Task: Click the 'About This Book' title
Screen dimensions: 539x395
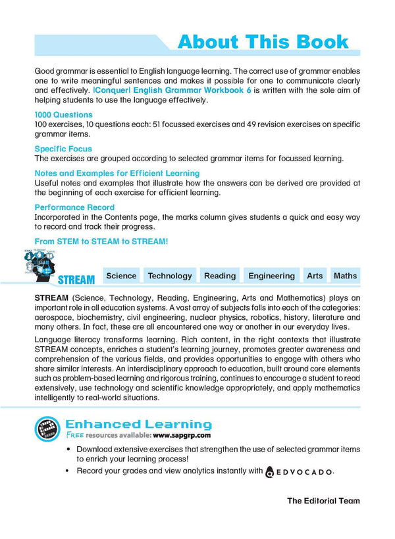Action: [x=263, y=42]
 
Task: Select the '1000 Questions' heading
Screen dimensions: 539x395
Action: [x=63, y=115]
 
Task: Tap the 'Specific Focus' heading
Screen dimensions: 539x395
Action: [x=63, y=149]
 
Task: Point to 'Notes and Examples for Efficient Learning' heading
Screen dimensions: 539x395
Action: [x=117, y=173]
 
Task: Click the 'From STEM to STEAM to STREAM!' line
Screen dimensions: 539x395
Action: [x=101, y=242]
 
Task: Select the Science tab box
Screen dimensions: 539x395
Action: [x=121, y=276]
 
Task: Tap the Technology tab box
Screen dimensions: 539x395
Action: [x=170, y=276]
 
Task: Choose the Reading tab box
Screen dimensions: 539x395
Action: [x=220, y=276]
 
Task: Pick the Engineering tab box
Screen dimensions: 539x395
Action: [x=271, y=276]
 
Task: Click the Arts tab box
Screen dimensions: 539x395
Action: [x=315, y=276]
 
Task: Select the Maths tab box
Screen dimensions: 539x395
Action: [x=345, y=276]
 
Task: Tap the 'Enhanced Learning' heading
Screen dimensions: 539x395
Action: [x=138, y=424]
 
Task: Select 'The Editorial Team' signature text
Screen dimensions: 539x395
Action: [x=323, y=501]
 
